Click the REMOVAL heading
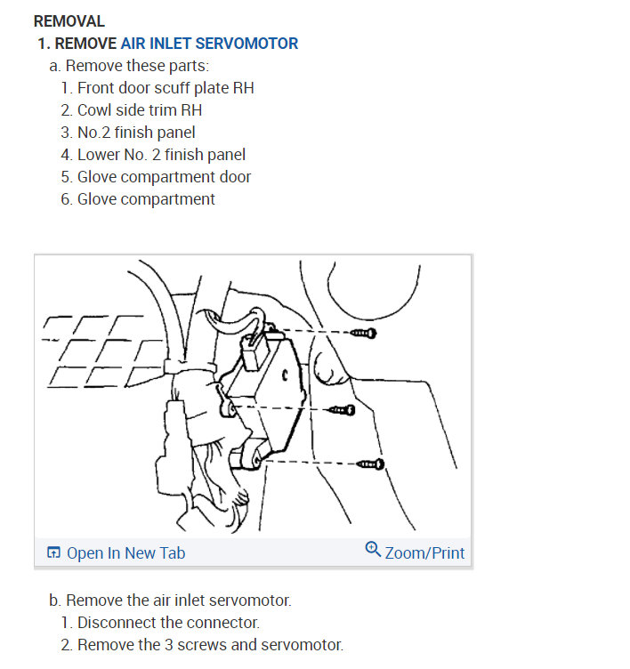69,21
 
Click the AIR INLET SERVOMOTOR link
209,44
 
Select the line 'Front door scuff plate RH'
166,88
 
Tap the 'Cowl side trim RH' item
140,110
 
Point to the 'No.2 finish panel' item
136,133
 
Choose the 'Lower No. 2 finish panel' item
161,155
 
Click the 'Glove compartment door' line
164,177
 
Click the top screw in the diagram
364,333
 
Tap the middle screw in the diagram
343,410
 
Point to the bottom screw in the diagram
370,463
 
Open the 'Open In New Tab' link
126,553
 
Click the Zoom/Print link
424,553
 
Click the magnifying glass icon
373,550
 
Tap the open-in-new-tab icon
53,552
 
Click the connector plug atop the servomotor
254,352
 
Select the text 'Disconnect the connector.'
168,623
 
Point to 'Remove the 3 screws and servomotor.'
210,645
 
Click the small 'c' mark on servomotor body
285,375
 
